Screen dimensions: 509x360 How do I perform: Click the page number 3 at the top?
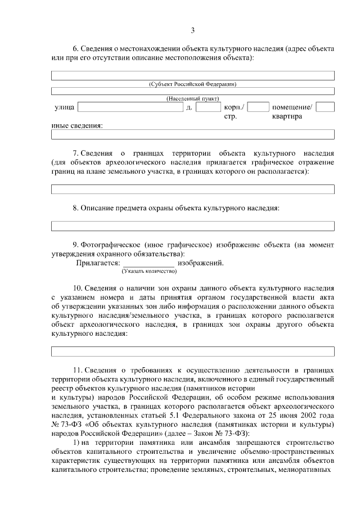pyautogui.click(x=192, y=30)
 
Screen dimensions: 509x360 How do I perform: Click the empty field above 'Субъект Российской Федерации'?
pyautogui.click(x=192, y=75)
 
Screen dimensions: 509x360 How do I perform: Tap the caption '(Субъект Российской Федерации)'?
pyautogui.click(x=192, y=84)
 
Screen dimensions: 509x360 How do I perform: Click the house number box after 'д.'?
pyautogui.click(x=208, y=107)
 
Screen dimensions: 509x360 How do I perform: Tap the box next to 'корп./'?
pyautogui.click(x=258, y=107)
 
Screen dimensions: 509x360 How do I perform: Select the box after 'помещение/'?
pyautogui.click(x=325, y=107)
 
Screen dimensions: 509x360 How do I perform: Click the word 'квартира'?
pyautogui.click(x=287, y=117)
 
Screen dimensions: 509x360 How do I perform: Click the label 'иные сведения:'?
pyautogui.click(x=77, y=126)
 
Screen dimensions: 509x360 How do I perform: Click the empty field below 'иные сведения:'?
pyautogui.click(x=192, y=134)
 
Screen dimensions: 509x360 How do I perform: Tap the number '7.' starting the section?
pyautogui.click(x=78, y=153)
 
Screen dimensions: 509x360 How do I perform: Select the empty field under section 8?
pyautogui.click(x=192, y=226)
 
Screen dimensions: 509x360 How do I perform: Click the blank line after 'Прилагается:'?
pyautogui.click(x=148, y=263)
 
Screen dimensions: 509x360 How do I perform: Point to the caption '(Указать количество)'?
pyautogui.click(x=149, y=271)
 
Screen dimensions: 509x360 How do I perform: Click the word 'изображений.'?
pyautogui.click(x=201, y=263)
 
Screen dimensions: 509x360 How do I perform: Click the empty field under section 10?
pyautogui.click(x=192, y=352)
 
